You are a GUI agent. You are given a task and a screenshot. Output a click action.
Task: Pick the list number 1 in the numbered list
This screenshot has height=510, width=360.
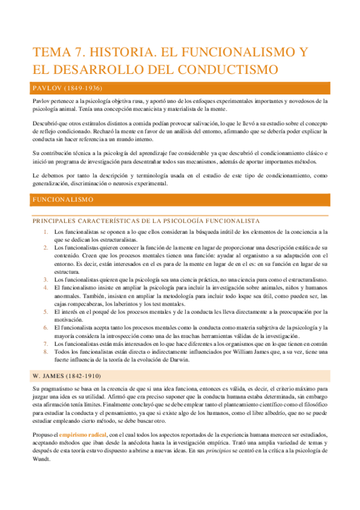tap(46, 232)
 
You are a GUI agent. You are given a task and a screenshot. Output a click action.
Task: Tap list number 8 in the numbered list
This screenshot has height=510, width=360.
tap(46, 352)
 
